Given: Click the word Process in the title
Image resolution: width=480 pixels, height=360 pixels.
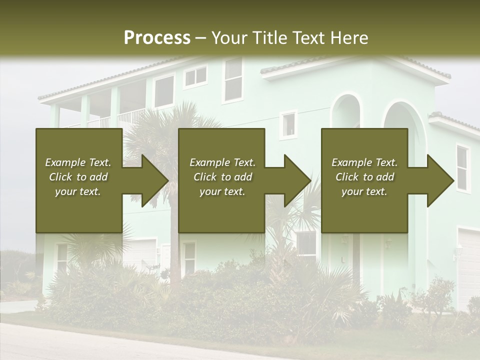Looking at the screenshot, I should coord(157,38).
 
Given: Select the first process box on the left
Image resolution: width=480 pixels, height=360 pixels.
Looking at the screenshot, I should coord(79,210).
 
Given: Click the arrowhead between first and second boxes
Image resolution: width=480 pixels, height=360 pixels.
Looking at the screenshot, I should coord(152,180).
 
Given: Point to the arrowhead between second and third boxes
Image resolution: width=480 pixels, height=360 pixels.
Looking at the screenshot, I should coord(295,180).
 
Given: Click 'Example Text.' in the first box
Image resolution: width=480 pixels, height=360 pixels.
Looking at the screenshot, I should coord(78,162).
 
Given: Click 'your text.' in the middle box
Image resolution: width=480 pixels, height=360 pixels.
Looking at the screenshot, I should coord(222,191).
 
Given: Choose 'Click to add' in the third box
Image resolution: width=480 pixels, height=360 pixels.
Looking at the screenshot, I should coord(364,177).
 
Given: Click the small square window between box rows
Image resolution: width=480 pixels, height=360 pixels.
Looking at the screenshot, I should coord(288,124).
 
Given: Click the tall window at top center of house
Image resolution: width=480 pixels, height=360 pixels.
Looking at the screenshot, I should coord(233,79).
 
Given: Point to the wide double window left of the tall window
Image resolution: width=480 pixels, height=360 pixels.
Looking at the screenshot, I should coord(195,76).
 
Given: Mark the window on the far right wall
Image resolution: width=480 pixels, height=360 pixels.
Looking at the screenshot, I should coord(462,168).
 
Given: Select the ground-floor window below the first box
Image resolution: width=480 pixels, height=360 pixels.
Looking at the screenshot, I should coord(61,257).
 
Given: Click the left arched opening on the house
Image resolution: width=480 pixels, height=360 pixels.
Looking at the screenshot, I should coord(346,112).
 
